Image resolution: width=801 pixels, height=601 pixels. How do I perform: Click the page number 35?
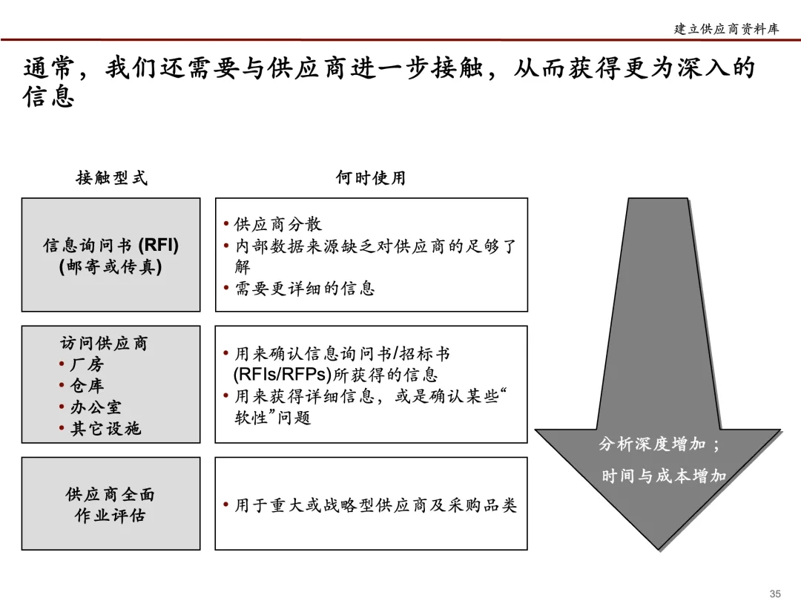pos(776,593)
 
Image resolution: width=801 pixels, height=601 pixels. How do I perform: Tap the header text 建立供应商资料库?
pos(726,29)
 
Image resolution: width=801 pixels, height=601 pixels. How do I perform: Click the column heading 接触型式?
pos(111,178)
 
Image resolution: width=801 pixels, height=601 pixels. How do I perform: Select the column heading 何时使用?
pos(371,178)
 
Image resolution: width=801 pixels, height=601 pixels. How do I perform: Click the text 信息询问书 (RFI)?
pos(111,246)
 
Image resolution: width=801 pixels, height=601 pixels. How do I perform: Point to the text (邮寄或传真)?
pos(111,266)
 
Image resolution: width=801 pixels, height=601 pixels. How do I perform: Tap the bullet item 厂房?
pos(87,364)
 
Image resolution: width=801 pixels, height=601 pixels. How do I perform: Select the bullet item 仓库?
pos(87,386)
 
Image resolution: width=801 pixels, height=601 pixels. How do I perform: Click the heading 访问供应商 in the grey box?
pos(105,343)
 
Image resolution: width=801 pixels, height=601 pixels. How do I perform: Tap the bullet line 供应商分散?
pos(278,225)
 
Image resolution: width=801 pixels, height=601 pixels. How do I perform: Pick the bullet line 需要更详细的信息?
pos(305,289)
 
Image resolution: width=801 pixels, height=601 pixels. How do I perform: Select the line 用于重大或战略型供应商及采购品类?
pos(375,506)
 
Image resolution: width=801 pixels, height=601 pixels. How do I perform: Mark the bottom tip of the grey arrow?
pos(659,550)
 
